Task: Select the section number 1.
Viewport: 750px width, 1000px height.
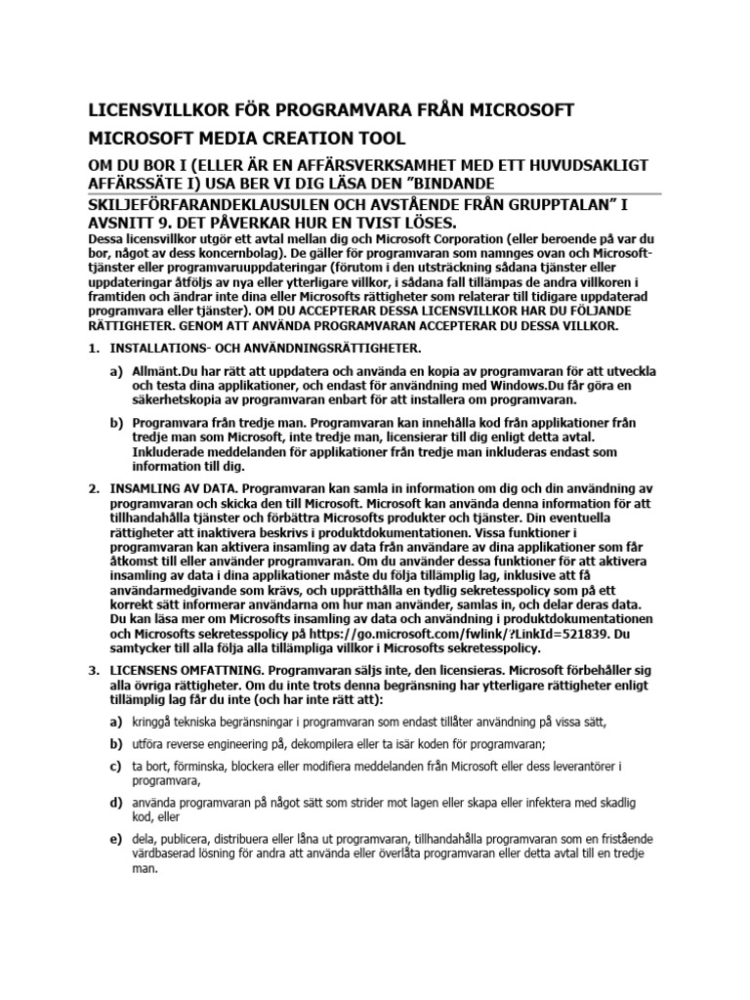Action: coord(94,348)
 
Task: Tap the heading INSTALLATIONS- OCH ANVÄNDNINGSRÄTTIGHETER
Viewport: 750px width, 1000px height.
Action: coord(267,348)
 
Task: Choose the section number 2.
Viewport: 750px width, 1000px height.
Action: coord(94,487)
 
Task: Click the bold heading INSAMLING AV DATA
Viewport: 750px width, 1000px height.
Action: coord(173,487)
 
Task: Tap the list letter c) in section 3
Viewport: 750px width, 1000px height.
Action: coord(115,767)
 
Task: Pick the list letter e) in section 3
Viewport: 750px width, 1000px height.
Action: coord(115,839)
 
